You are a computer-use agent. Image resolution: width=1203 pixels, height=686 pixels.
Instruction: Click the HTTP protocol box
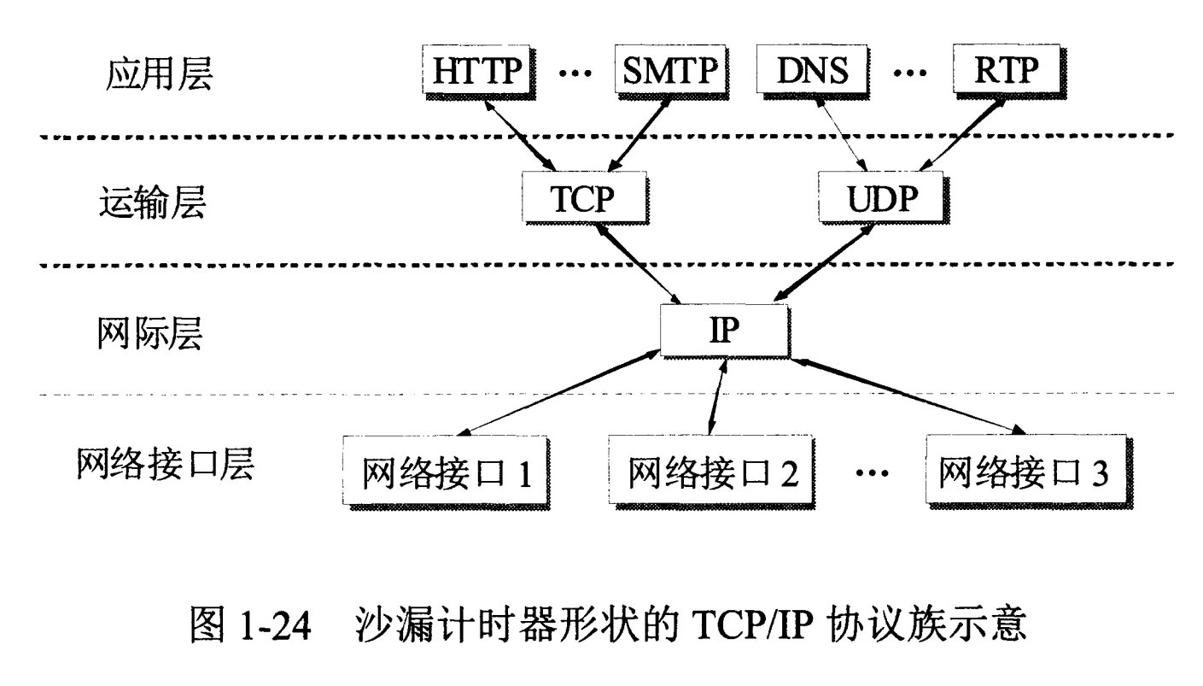pyautogui.click(x=476, y=71)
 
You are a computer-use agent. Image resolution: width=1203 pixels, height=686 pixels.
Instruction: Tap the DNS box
pyautogui.click(x=813, y=71)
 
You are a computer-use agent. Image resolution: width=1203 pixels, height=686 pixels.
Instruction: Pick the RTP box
pyautogui.click(x=1010, y=71)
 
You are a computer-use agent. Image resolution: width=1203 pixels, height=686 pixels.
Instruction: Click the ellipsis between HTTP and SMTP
pyautogui.click(x=574, y=73)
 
